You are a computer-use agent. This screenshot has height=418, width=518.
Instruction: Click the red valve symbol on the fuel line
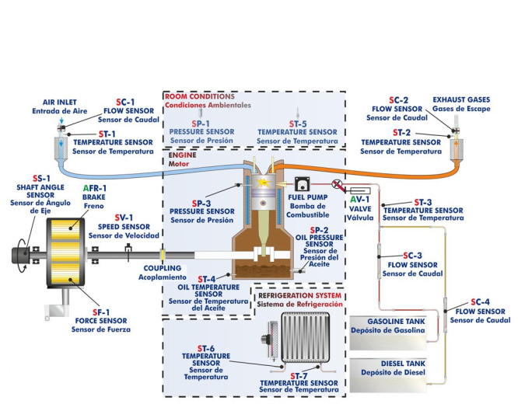337,184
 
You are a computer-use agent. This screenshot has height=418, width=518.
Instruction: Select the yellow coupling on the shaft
162,253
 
